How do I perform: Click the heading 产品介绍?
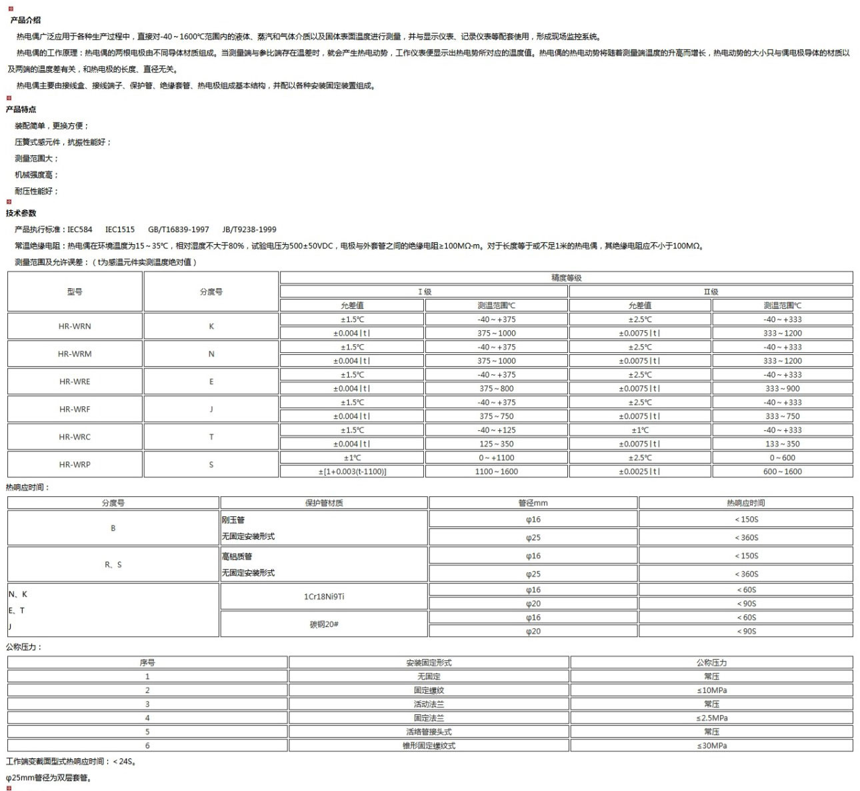pos(25,20)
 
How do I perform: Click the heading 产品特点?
pos(21,109)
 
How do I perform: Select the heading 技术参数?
pos(21,213)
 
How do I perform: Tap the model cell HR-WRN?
pos(75,326)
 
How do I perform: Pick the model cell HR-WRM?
pos(75,354)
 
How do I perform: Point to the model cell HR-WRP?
pos(75,465)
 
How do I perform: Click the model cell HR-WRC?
pos(75,437)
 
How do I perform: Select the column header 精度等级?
pos(566,278)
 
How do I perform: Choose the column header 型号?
pos(75,291)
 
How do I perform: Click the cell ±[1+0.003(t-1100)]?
pos(352,472)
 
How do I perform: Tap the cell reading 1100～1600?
pos(496,472)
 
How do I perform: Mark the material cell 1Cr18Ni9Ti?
pos(324,597)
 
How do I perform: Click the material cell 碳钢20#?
pos(324,624)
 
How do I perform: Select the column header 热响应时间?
pos(745,503)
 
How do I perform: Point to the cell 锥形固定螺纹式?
pos(429,746)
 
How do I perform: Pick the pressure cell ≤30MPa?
pos(711,746)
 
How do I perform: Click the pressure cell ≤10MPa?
pos(711,690)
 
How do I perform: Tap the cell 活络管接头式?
pos(429,732)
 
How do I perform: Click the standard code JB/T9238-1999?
pos(249,229)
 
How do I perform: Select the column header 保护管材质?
pos(324,503)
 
